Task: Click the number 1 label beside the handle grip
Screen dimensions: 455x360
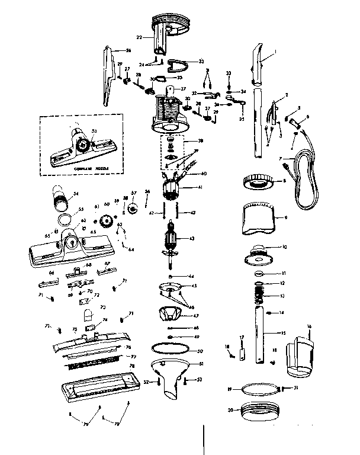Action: point(275,53)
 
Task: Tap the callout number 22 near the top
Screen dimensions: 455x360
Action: point(139,37)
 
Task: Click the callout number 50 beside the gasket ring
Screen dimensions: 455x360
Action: point(200,351)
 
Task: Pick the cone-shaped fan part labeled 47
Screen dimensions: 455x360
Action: point(172,314)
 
